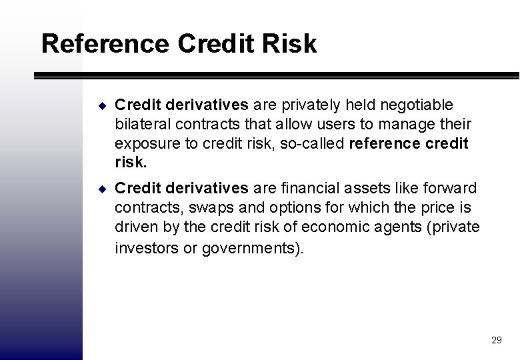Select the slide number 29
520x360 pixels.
(496, 340)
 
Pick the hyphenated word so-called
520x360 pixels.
(312, 143)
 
